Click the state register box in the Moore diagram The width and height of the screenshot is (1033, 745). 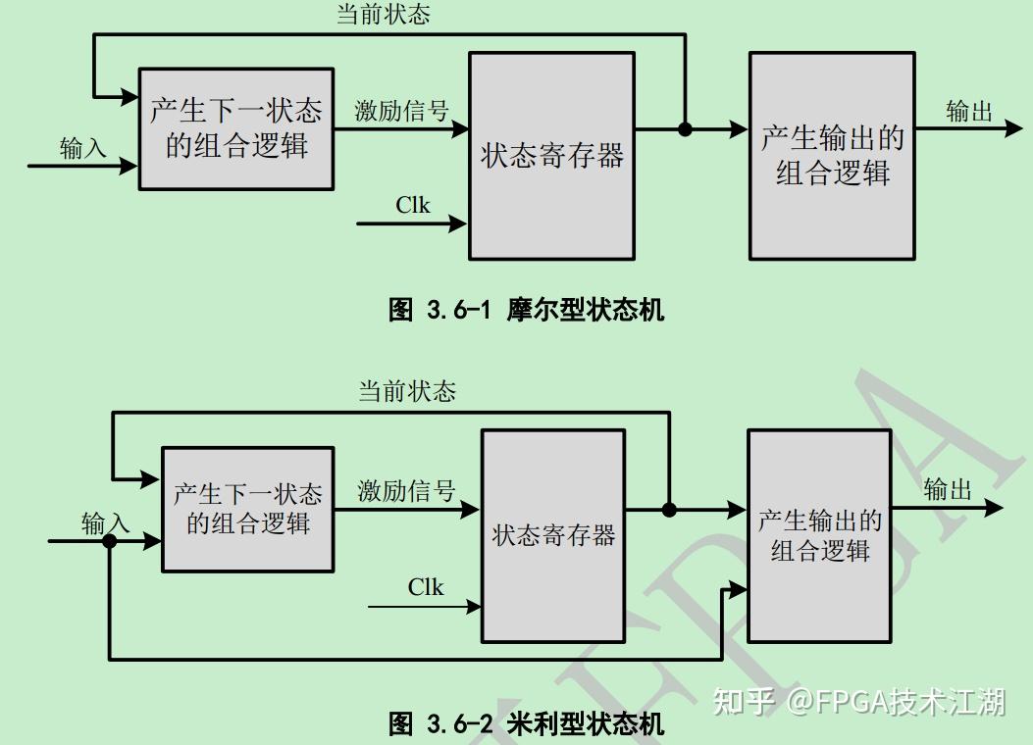coord(551,155)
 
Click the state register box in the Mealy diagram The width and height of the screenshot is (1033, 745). coord(553,535)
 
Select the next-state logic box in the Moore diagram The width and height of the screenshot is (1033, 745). coord(235,128)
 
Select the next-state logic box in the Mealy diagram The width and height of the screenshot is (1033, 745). coord(247,509)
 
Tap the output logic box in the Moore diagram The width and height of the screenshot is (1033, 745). coord(832,155)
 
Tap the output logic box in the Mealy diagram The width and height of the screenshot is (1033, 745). coord(819,535)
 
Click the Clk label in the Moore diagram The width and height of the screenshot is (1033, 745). coord(413,205)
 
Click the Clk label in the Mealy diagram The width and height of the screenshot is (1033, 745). coord(426,587)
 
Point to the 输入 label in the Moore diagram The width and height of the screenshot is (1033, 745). coord(83,149)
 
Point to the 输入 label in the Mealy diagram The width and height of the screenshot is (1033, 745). coord(105,523)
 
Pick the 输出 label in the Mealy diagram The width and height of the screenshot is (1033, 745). coord(948,489)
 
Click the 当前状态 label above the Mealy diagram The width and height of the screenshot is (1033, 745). coord(407,392)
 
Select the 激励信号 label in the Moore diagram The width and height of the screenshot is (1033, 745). coord(401,111)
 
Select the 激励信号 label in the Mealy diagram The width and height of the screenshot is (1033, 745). coord(406,491)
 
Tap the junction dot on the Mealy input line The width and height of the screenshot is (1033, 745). coord(110,540)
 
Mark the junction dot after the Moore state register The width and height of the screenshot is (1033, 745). coord(686,128)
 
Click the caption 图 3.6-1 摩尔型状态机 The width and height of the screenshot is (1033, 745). coord(526,311)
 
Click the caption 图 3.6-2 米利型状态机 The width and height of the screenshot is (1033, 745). coord(526,724)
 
